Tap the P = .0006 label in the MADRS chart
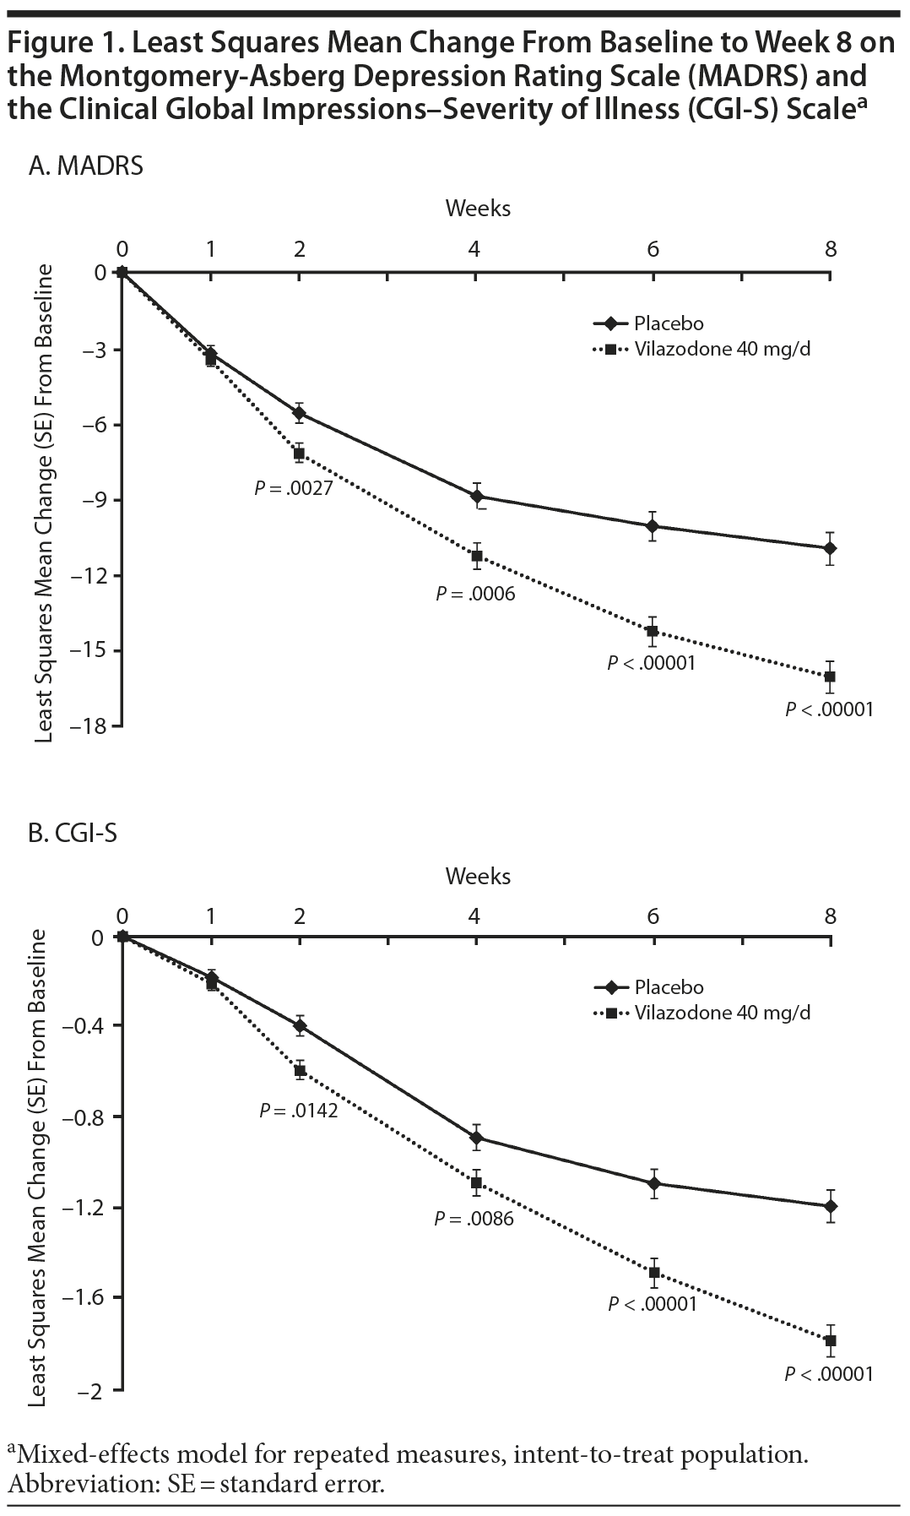tap(475, 595)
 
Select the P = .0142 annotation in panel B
tap(299, 1111)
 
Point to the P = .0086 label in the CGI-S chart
tap(474, 1219)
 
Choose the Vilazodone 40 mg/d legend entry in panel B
tap(722, 1012)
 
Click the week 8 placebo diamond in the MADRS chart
tap(831, 549)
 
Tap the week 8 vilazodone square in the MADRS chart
tap(831, 676)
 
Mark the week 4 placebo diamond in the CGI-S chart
tap(476, 1138)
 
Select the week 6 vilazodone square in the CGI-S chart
tap(653, 1272)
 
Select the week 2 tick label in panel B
tap(299, 916)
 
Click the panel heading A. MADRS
tap(85, 166)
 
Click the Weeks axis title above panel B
tap(478, 876)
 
